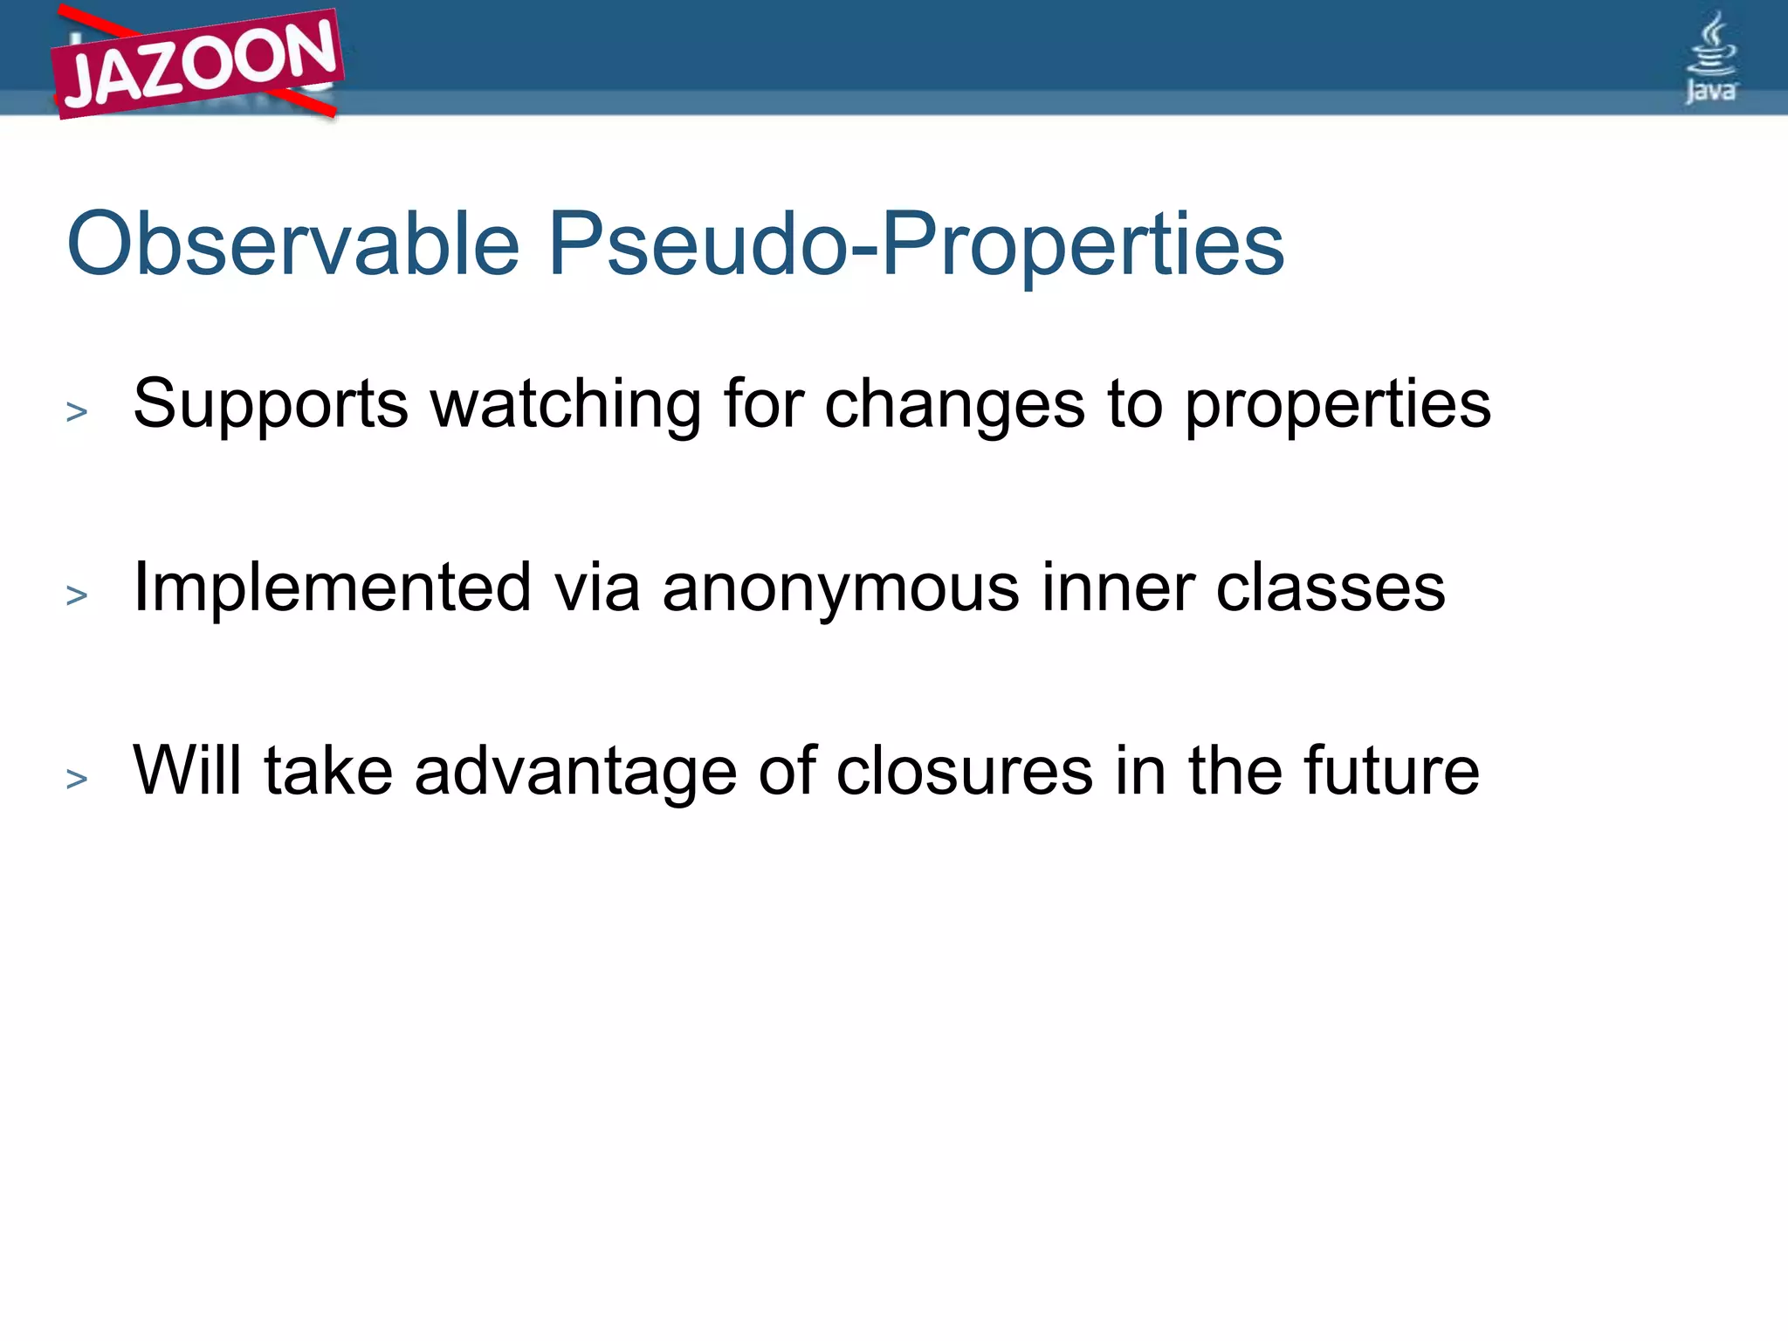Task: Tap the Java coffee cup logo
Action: pos(1710,58)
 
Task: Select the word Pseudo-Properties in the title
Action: pos(916,246)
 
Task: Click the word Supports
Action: pos(271,405)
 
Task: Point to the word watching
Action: pos(567,405)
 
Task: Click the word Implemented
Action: pos(332,588)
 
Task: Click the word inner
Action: pos(1118,588)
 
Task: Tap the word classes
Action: pos(1331,588)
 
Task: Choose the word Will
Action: pos(187,771)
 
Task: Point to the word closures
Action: pos(965,772)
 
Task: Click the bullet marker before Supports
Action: pos(77,411)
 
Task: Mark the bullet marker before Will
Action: pos(77,778)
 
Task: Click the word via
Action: pos(597,588)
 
